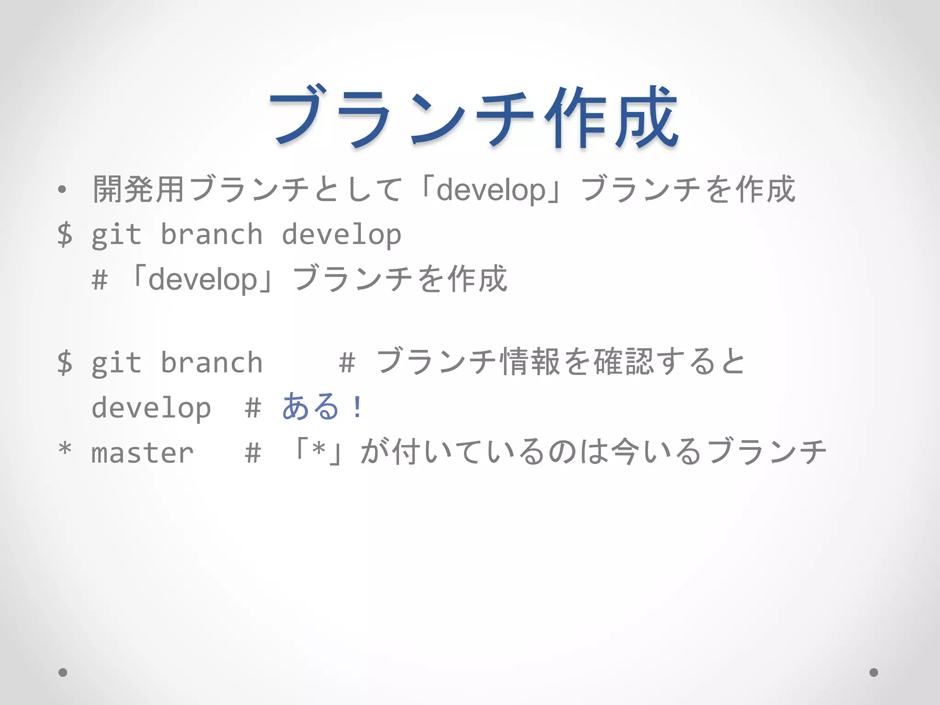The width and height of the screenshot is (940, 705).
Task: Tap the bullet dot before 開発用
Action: (x=62, y=189)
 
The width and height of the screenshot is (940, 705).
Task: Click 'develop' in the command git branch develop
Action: (x=341, y=235)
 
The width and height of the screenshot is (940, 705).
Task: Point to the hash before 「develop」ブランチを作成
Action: (x=100, y=280)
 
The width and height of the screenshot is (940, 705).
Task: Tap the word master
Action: (x=142, y=453)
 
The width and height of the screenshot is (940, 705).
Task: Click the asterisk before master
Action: (x=65, y=448)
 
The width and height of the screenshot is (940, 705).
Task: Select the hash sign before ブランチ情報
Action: (x=347, y=363)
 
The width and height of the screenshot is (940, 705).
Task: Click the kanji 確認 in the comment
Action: (x=623, y=362)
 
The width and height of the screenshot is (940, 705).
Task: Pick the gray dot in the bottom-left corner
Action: (x=63, y=672)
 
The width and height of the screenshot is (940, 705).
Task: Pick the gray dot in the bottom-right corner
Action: (x=874, y=672)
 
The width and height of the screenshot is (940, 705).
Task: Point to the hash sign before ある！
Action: (x=253, y=408)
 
